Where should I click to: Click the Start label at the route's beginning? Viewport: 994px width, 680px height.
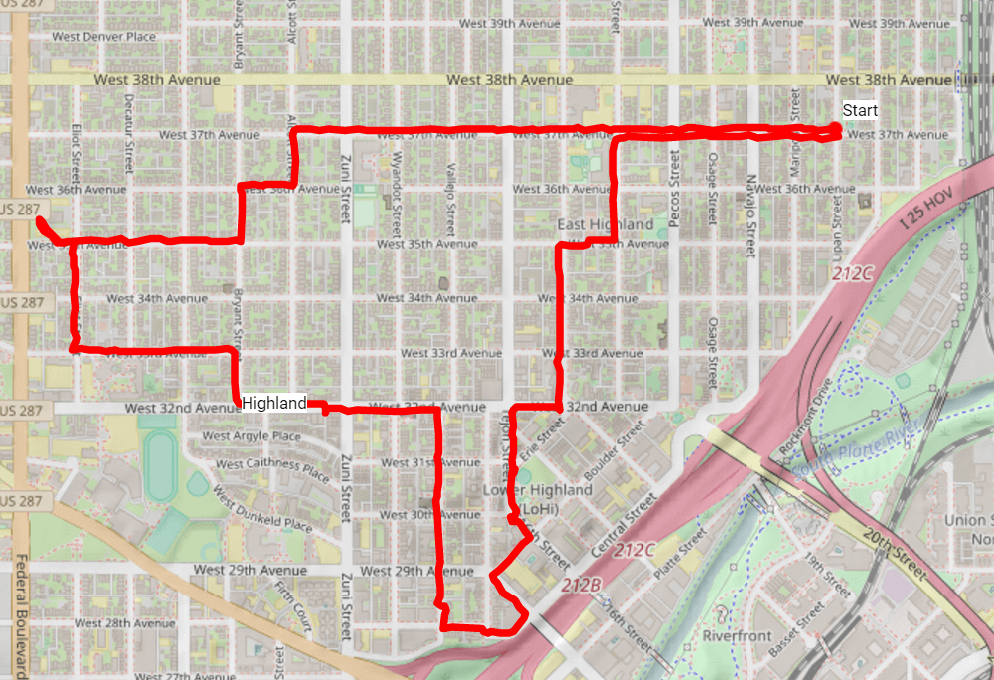[860, 110]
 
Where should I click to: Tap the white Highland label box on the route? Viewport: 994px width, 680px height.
[273, 403]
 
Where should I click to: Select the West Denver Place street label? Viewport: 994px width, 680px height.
[105, 37]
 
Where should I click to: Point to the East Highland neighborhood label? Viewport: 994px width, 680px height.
[604, 224]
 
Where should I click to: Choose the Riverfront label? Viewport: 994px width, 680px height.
[737, 635]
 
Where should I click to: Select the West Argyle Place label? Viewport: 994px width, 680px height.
[250, 436]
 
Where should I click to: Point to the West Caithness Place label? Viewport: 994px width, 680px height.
[271, 465]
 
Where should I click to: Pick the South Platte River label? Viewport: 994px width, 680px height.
[855, 452]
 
